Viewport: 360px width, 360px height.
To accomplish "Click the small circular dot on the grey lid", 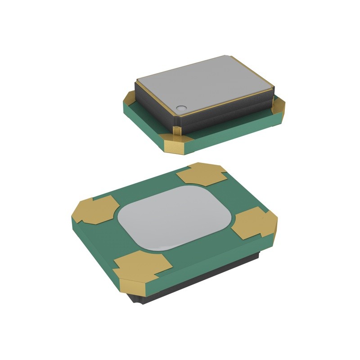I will pyautogui.click(x=181, y=108).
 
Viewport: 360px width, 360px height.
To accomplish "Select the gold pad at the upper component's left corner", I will pyautogui.click(x=129, y=96).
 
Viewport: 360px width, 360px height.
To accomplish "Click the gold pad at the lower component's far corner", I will pyautogui.click(x=200, y=173).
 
